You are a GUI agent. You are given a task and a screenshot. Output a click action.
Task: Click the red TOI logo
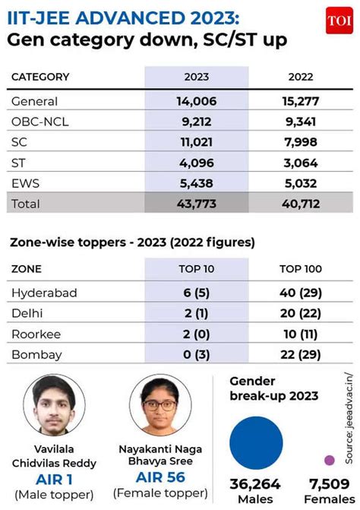coord(339,21)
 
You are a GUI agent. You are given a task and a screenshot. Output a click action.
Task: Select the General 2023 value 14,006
coord(197,101)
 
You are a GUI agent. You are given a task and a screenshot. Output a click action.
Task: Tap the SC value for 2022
coord(301,142)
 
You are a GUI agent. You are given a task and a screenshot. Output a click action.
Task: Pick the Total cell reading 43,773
coord(197,204)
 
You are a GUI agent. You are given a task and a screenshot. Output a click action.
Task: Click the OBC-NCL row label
coord(40,122)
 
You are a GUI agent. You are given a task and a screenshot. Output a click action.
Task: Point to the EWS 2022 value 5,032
coord(301,183)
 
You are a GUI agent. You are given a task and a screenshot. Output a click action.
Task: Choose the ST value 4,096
coord(197,163)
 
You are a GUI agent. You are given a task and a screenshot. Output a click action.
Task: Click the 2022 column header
coord(301,77)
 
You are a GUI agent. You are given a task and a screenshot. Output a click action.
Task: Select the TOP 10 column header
coord(197,269)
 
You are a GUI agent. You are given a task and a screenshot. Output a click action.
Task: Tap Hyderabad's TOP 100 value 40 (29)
coord(301,293)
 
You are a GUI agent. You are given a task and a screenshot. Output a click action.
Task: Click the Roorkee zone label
coord(36,334)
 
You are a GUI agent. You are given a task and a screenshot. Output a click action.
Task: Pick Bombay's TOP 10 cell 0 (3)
coord(196,354)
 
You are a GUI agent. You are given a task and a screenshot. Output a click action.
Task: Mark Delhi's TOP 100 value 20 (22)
coord(301,313)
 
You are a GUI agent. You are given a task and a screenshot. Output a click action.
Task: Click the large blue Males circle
coord(256,442)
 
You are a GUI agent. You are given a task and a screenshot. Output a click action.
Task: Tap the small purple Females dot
coord(330,461)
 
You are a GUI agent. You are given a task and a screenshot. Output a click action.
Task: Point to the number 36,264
coord(255,484)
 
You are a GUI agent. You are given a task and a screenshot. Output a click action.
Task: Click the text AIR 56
coord(160,477)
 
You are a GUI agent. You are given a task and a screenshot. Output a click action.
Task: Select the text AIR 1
coord(54,480)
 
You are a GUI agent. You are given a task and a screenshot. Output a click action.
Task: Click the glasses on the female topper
coord(159,405)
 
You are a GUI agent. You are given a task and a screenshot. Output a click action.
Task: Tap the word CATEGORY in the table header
coord(40,77)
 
